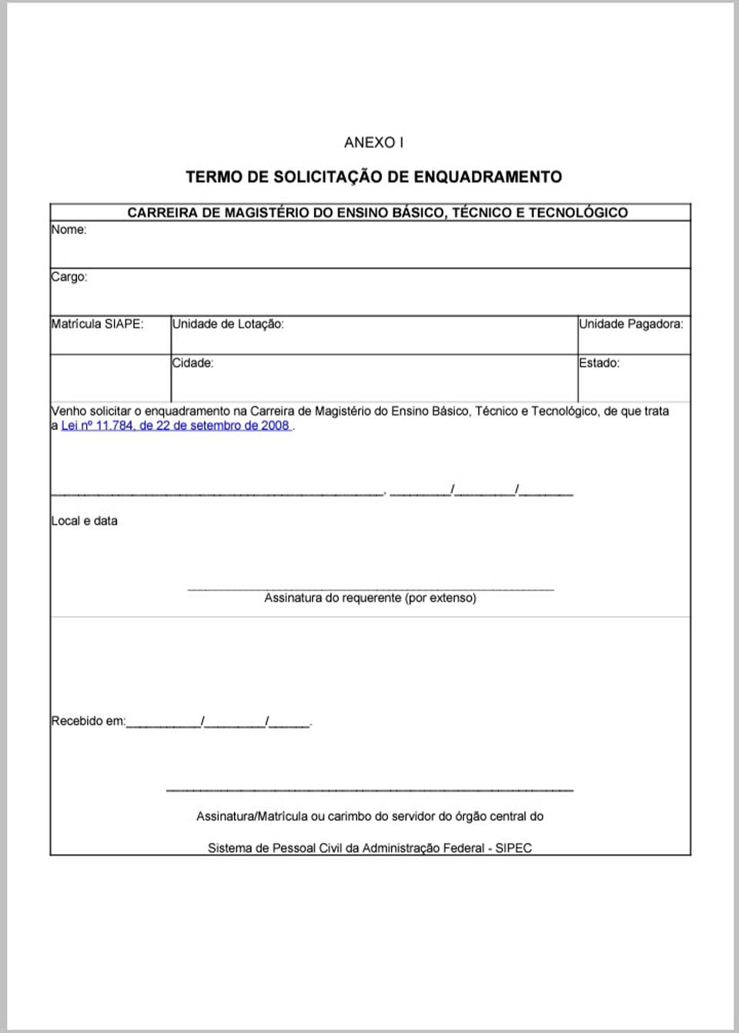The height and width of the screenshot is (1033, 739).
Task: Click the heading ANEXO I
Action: coord(373,142)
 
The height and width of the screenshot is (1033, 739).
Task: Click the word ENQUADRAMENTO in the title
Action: coord(487,177)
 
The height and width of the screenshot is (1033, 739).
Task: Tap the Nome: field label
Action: coord(69,229)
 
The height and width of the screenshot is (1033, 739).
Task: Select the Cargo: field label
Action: coord(69,277)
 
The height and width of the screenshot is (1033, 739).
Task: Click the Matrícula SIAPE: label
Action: coord(97,324)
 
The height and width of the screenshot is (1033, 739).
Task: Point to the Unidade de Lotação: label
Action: coord(228,324)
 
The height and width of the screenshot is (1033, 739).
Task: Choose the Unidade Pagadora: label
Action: coord(630,324)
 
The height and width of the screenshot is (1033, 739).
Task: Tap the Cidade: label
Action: coord(192,363)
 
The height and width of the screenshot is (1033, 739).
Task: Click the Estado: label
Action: coord(599,363)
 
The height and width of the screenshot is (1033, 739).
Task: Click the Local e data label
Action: coord(84,521)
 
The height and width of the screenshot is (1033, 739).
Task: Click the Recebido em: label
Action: coord(88,721)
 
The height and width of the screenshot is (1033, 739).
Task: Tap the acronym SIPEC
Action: coord(513,848)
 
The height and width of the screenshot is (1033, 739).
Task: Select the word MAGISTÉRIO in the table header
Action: coord(266,212)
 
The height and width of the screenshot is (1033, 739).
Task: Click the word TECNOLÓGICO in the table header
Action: coord(578,212)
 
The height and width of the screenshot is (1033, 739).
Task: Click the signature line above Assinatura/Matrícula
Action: coord(369,790)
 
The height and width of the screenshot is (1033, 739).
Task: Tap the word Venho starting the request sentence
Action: coord(69,412)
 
